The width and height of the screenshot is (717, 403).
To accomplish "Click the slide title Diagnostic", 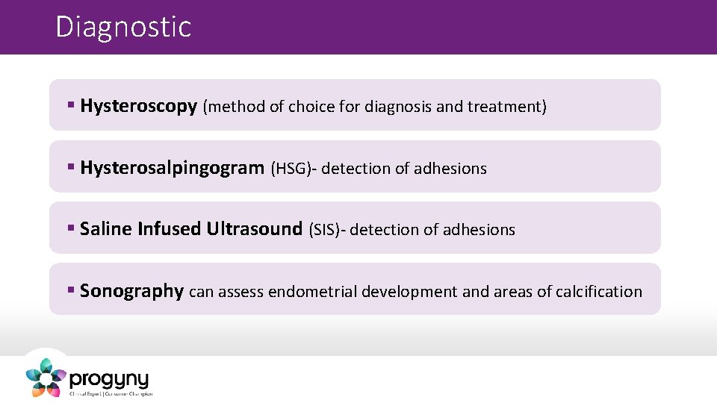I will coord(123,28).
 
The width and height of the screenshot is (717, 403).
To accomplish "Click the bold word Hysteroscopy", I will coord(138,106).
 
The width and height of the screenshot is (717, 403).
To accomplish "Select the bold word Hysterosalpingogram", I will coord(172,168).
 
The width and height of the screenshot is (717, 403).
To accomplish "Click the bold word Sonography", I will coord(131,291).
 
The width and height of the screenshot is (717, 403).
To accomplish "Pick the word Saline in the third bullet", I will coord(105,229).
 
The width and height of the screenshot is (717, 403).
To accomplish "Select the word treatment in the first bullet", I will coord(506,107).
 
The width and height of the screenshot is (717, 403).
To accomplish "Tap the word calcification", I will coord(598,292).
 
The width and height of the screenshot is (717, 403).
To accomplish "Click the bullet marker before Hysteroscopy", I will coord(70,106).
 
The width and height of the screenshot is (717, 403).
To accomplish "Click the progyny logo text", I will coord(109,378).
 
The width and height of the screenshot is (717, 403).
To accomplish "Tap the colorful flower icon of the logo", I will coord(46,377).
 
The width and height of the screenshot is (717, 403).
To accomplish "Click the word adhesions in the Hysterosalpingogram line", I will coord(450,169).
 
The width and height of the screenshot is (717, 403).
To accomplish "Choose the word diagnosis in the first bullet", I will coord(397,107).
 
